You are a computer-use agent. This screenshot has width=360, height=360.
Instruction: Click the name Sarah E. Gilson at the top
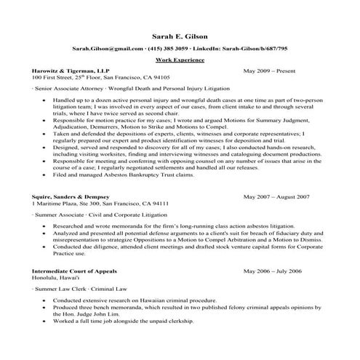click(180, 35)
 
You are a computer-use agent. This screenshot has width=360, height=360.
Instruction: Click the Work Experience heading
click(180, 60)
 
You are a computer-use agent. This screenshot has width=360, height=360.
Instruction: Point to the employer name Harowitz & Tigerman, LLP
click(68, 71)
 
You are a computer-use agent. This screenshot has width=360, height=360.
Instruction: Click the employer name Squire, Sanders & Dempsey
click(70, 197)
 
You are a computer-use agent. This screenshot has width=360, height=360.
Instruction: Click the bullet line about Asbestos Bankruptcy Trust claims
click(134, 175)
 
